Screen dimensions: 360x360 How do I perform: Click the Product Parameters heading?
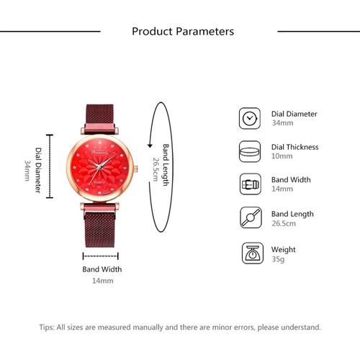tap(183, 32)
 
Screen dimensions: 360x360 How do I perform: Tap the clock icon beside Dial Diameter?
tap(251, 117)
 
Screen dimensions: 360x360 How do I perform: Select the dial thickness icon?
tap(251, 150)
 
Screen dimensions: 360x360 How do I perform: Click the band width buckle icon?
tap(251, 183)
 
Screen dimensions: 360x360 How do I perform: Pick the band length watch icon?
tap(251, 217)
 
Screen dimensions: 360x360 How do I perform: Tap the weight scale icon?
tap(251, 253)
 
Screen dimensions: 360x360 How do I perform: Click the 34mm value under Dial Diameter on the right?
tap(282, 123)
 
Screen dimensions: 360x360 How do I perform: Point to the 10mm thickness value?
tap(282, 156)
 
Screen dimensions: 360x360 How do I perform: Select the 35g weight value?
tap(279, 260)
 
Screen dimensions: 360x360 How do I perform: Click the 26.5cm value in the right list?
tap(284, 224)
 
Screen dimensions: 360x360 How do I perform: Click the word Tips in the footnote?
tap(47, 327)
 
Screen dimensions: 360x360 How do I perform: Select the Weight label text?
tap(283, 250)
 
